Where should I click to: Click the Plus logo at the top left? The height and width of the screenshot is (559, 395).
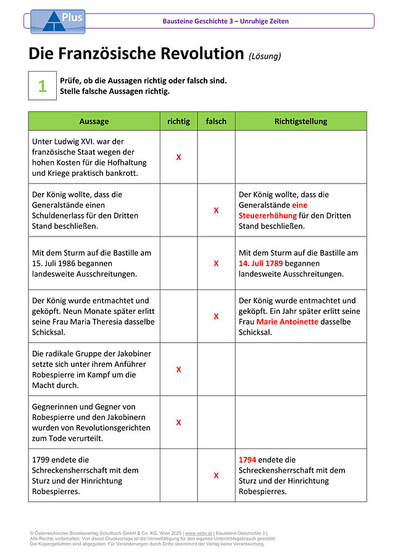click(x=58, y=20)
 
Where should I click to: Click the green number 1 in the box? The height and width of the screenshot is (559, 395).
click(x=42, y=86)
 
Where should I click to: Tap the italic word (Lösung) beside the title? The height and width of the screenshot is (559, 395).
click(x=265, y=56)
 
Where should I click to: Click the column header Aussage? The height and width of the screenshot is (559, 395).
click(x=94, y=121)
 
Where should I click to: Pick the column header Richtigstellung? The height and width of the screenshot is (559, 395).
click(x=301, y=121)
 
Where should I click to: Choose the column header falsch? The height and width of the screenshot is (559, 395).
click(x=216, y=121)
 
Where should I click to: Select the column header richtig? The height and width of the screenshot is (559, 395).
click(x=178, y=121)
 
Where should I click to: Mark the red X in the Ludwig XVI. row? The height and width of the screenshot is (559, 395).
click(x=178, y=158)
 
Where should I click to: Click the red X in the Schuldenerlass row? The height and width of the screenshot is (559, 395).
click(x=216, y=210)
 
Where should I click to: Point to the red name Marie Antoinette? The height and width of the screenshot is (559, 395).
click(x=287, y=322)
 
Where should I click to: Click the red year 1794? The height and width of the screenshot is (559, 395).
click(x=247, y=460)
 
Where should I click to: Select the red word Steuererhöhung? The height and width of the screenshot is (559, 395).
click(x=268, y=216)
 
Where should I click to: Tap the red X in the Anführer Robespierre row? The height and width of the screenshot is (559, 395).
click(x=178, y=369)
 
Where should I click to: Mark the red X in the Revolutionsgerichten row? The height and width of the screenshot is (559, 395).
click(x=178, y=422)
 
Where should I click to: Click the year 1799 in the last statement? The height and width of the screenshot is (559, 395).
click(x=42, y=460)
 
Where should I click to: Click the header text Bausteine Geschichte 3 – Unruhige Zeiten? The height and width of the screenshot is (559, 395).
click(x=225, y=21)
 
